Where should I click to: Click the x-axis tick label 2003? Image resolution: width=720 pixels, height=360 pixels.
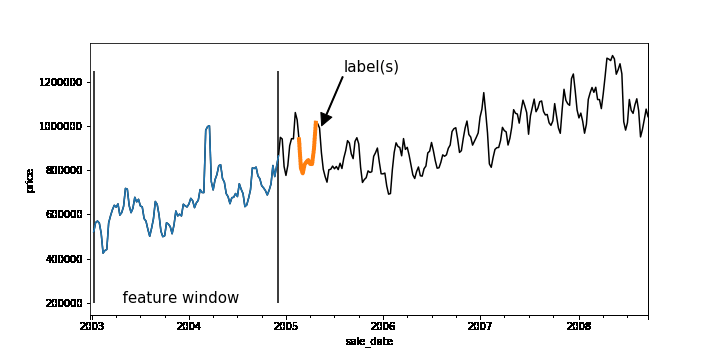91,326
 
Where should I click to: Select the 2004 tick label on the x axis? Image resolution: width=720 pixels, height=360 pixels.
188,326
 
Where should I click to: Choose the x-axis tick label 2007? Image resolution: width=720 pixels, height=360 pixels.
480,326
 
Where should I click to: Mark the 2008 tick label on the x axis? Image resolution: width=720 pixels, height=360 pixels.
577,326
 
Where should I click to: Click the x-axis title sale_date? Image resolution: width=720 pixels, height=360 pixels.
369,342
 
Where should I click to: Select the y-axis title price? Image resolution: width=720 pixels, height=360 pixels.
29,180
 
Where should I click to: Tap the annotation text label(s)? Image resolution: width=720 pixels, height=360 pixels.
371,67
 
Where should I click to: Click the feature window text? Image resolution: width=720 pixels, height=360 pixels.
181,298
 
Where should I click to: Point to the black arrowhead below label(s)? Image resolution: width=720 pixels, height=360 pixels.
326,118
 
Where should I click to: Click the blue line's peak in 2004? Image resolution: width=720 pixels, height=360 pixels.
208,126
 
